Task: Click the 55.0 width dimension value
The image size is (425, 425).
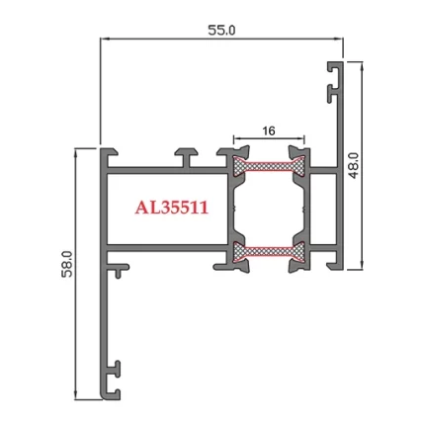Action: [x=221, y=30]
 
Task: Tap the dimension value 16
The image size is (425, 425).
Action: [x=268, y=129]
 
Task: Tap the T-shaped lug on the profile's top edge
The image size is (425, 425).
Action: [x=188, y=154]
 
